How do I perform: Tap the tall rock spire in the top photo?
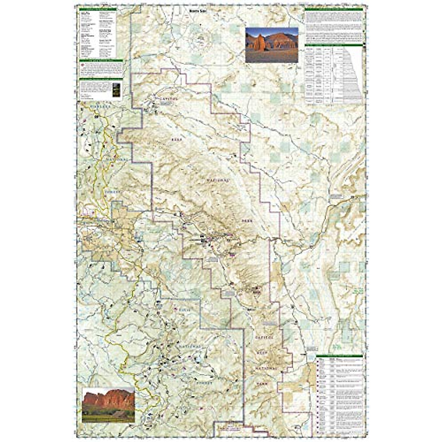point(260,42)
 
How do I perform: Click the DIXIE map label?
point(185,309)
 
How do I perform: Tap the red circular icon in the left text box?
point(83,66)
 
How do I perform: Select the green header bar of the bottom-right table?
point(339,356)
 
